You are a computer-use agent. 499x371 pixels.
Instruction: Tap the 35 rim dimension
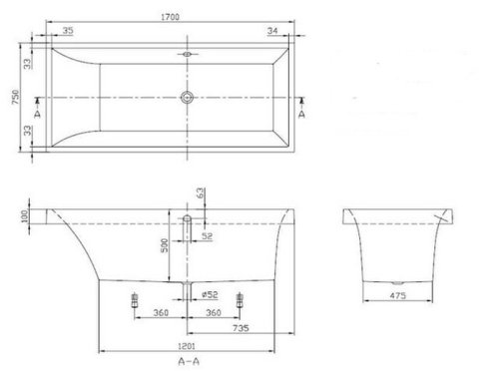coord(67,31)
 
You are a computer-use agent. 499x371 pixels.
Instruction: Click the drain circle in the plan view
coord(186,98)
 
